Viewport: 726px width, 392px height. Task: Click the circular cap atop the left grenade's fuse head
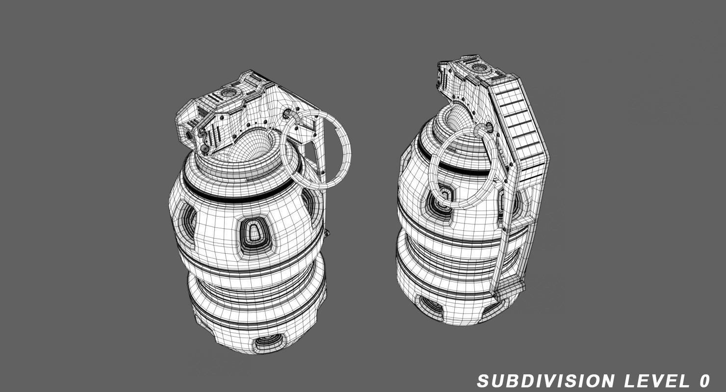tap(228, 93)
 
